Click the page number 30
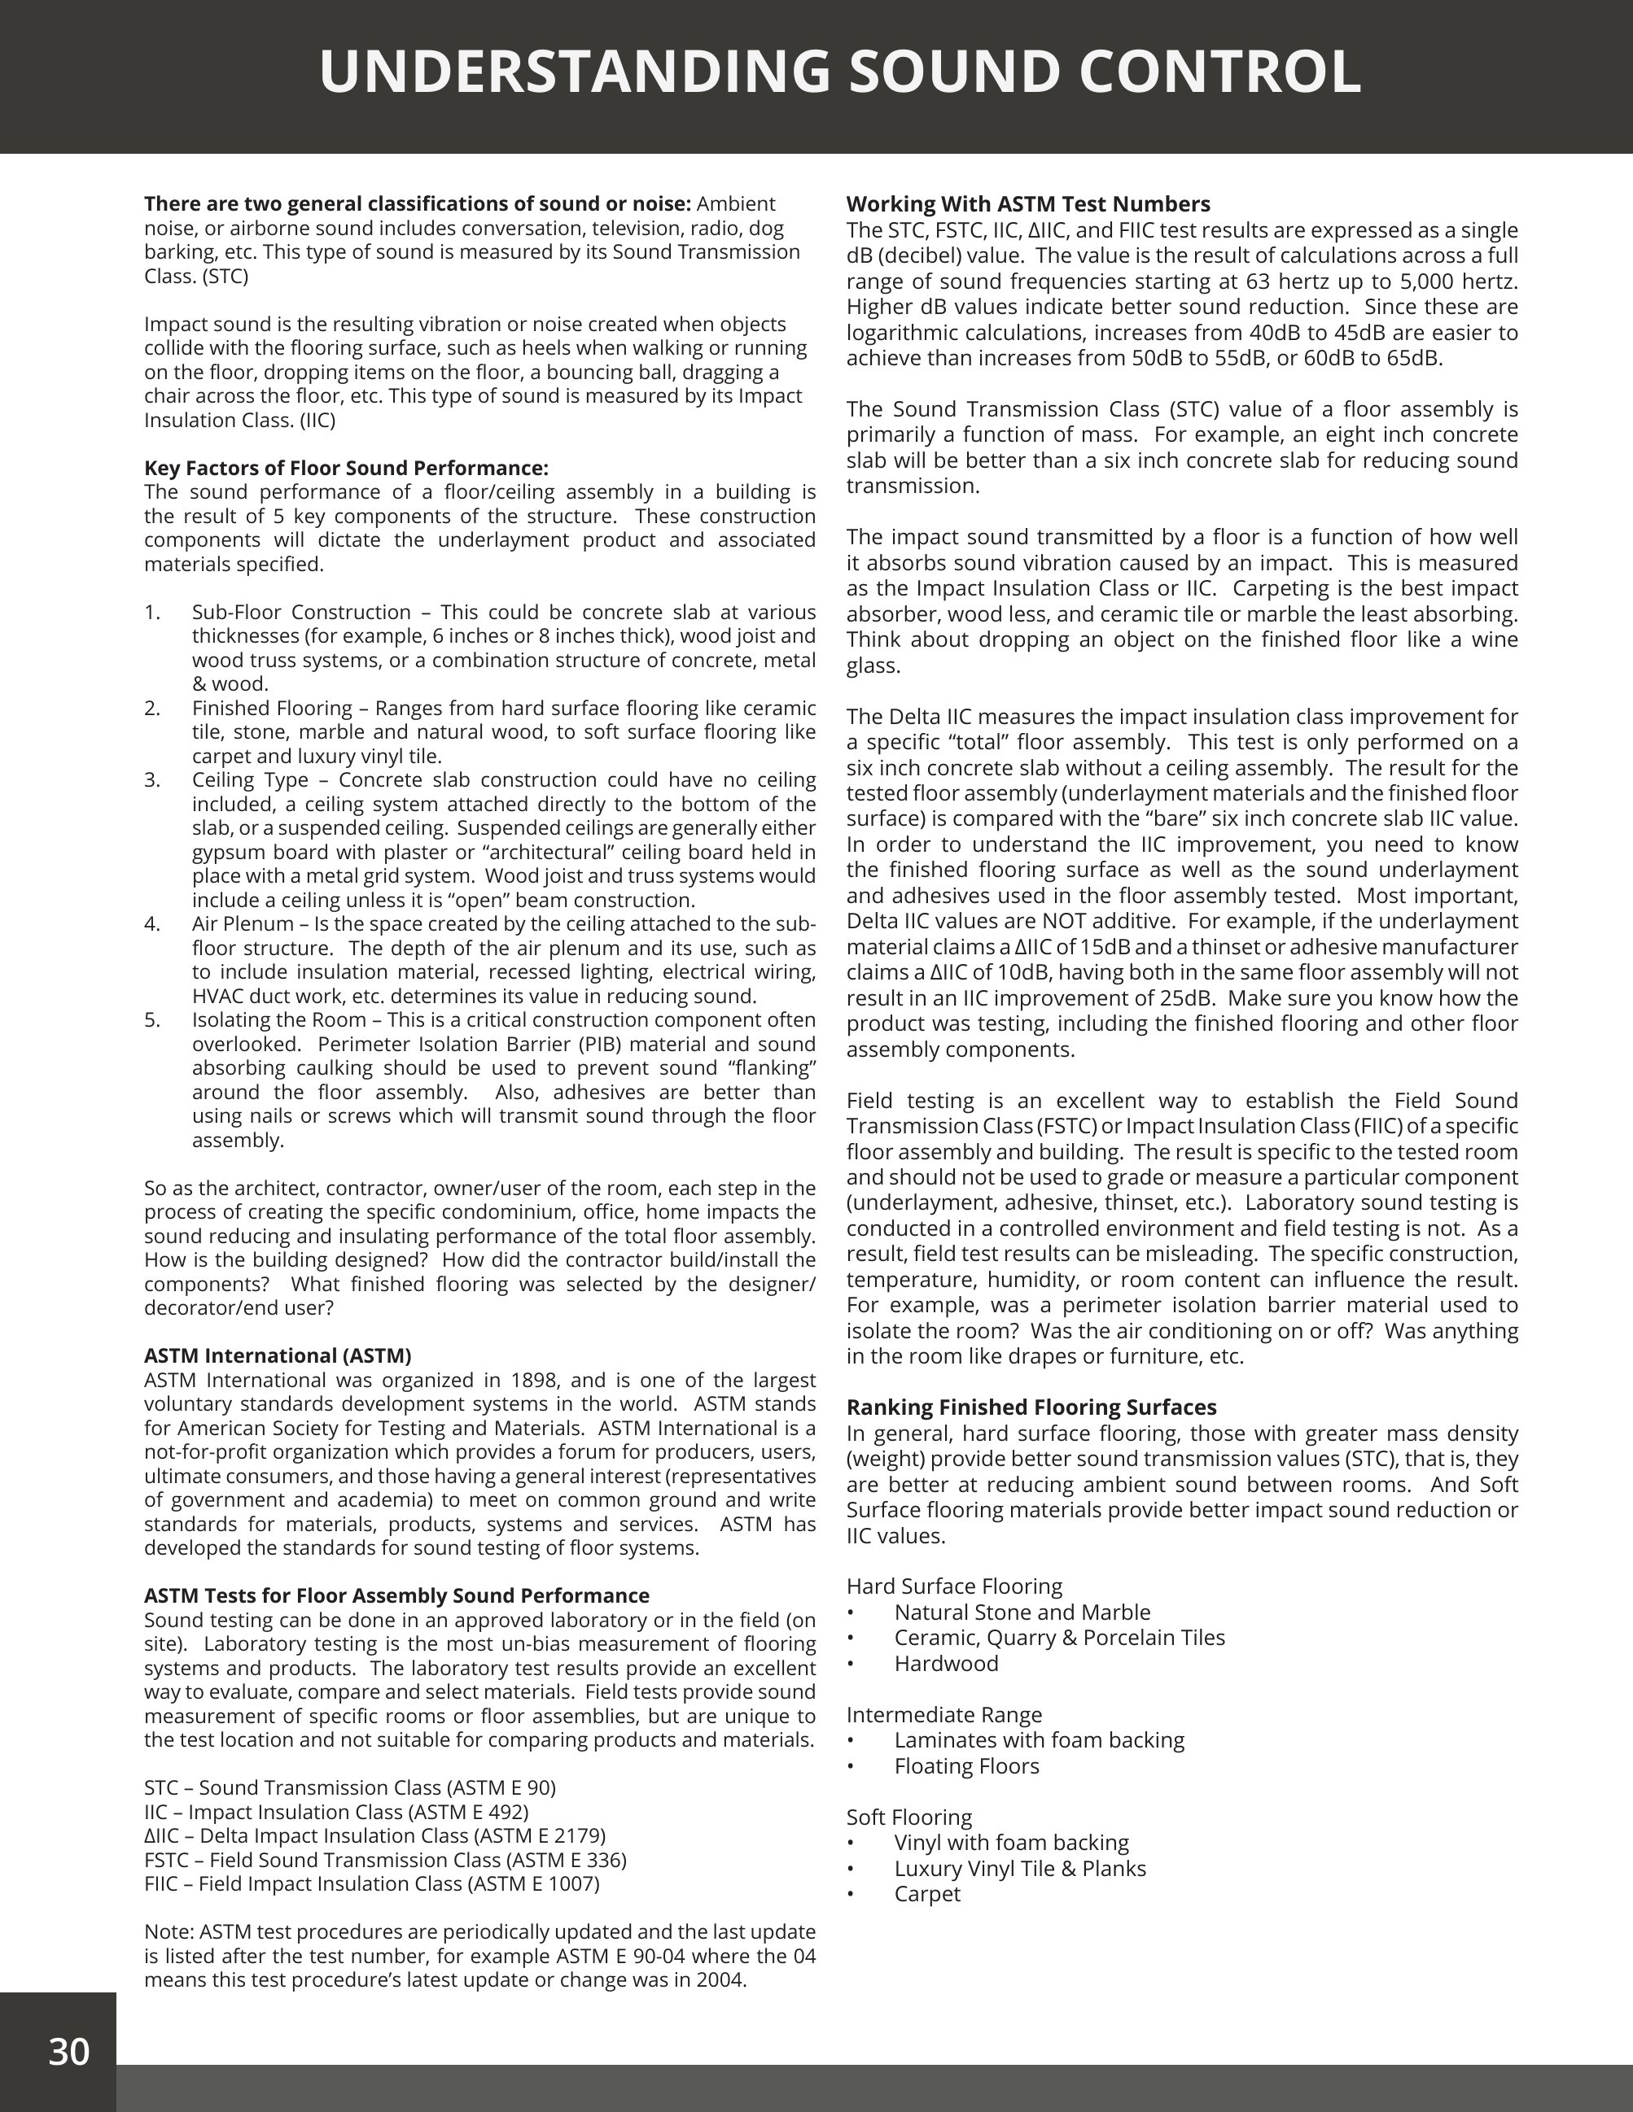pos(68,2051)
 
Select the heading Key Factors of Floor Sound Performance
pos(346,468)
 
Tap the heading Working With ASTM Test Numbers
pos(1027,204)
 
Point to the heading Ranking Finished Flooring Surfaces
pos(1031,1407)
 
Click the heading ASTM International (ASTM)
pos(278,1355)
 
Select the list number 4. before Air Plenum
pos(152,923)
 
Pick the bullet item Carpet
pos(926,1893)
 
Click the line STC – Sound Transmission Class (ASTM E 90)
pos(350,1787)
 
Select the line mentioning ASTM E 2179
pos(374,1835)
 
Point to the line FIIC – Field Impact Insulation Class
pos(371,1883)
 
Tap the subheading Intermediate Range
pos(943,1714)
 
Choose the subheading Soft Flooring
pos(908,1817)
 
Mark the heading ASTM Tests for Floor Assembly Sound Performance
pos(396,1595)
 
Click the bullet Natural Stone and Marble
pos(1022,1612)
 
